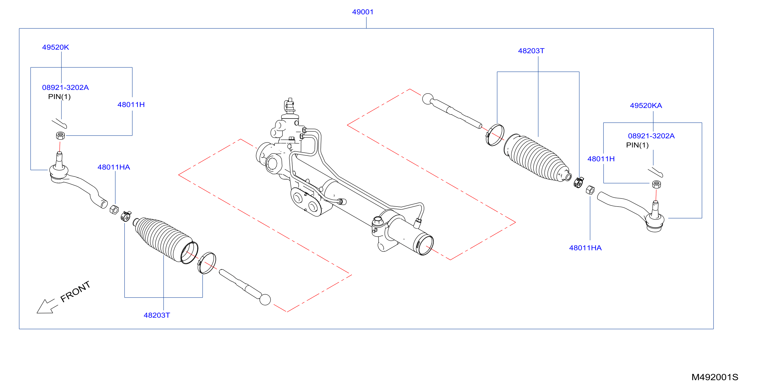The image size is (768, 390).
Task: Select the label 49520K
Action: [x=56, y=47]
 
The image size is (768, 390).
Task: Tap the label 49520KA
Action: [x=646, y=106]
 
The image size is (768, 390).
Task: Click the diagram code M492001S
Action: [x=715, y=377]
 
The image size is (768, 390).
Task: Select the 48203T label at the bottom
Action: [x=157, y=315]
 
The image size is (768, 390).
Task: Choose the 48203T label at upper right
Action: [x=531, y=51]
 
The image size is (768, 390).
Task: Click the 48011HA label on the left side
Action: [x=114, y=167]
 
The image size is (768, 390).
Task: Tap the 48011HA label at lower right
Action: [x=585, y=248]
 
